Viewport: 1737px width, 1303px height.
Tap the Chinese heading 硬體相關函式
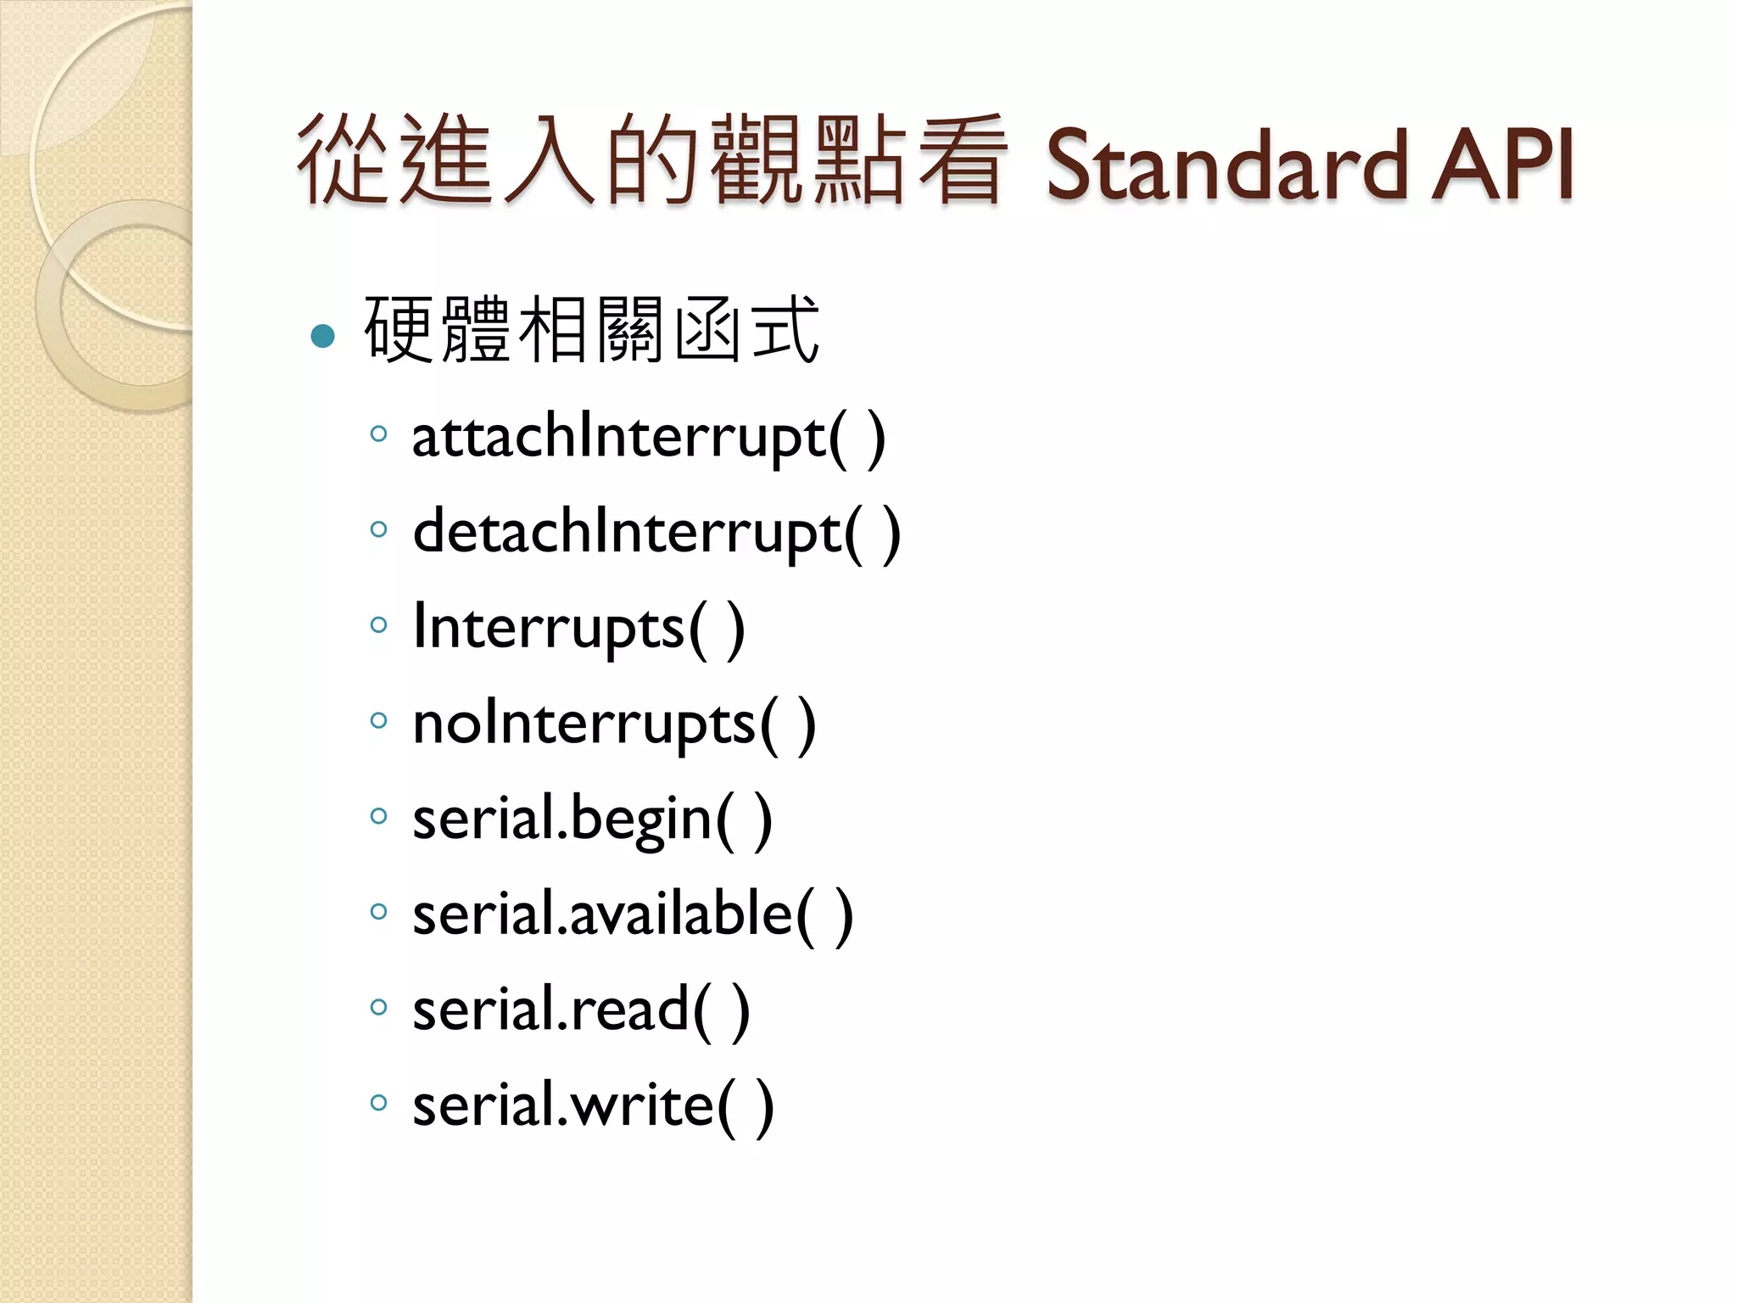591,330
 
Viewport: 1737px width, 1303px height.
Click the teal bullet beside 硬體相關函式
323,337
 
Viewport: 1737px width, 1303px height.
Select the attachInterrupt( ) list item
648,438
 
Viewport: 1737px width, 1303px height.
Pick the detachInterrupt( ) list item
656,534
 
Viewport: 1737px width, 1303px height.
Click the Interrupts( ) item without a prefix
578,629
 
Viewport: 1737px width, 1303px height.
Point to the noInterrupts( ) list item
614,724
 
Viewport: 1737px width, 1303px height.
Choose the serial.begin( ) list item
592,820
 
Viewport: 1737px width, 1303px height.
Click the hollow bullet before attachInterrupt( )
378,434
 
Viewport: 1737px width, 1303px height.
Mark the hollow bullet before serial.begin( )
378,816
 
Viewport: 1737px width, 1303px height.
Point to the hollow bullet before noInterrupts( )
378,721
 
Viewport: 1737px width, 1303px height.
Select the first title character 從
343,161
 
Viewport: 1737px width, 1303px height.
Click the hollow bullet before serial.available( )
378,912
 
